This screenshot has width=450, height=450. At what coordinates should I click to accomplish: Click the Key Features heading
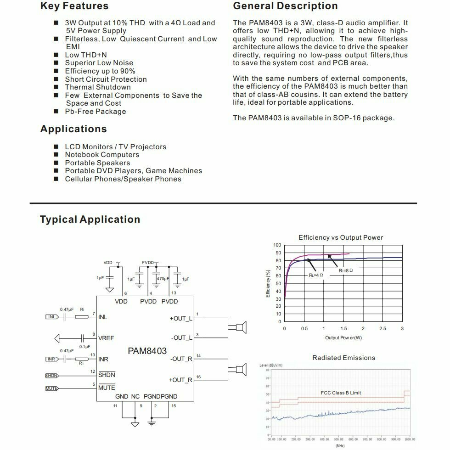click(x=74, y=6)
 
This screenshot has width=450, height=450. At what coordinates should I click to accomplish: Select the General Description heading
click(x=285, y=6)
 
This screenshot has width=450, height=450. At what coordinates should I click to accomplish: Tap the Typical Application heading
click(x=90, y=219)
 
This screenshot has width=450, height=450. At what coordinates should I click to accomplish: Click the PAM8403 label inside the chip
click(x=147, y=351)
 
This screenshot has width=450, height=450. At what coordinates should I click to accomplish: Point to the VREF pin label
click(x=106, y=338)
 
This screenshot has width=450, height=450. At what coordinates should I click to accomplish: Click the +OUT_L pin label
click(x=181, y=318)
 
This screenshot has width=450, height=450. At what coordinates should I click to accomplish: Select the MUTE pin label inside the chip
click(x=107, y=388)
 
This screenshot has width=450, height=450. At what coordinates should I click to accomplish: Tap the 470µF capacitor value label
click(x=163, y=279)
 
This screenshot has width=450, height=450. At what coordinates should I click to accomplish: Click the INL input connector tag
click(x=51, y=317)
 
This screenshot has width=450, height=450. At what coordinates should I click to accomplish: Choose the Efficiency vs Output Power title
click(x=341, y=237)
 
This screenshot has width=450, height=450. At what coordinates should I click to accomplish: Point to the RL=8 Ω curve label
click(x=346, y=271)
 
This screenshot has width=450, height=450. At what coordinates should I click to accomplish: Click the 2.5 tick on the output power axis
click(x=382, y=329)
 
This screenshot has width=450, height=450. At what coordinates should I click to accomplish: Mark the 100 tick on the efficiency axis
click(x=277, y=246)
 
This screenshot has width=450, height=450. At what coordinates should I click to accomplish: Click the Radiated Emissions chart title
click(x=343, y=358)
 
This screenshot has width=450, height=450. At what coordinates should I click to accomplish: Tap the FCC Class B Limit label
click(x=341, y=393)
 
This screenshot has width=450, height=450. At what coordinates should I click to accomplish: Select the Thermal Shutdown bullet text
click(x=98, y=87)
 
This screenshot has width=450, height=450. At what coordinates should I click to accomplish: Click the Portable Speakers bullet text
click(x=97, y=163)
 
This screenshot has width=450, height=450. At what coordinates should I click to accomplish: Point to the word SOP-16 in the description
click(x=342, y=118)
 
